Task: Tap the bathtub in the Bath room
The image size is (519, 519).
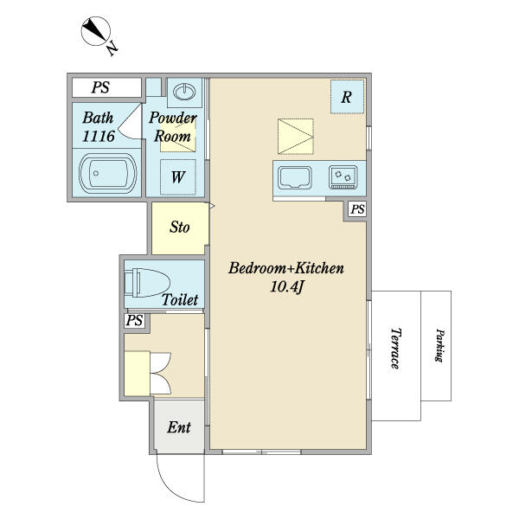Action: tap(107, 173)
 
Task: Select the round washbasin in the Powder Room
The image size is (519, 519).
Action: tap(184, 92)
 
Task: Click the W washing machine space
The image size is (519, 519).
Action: tap(178, 177)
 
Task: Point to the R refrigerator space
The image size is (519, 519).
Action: tap(347, 97)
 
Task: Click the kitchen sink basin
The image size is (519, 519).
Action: tap(295, 177)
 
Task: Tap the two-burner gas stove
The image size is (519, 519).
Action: tap(343, 177)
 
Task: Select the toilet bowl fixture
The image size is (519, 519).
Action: tap(147, 283)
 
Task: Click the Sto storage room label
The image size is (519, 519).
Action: tap(180, 227)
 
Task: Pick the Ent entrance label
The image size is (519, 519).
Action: tap(179, 427)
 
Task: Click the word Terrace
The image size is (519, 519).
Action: tap(395, 349)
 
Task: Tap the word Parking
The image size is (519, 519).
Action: tap(439, 345)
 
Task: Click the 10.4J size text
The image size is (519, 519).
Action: tap(287, 286)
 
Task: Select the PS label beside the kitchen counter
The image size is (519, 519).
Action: tap(357, 209)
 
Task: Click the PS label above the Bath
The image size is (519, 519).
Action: tap(100, 87)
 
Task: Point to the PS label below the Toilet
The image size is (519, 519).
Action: tap(134, 320)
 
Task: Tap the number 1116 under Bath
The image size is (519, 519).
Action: tap(99, 137)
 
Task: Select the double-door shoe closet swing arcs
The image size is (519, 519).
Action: tap(161, 374)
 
